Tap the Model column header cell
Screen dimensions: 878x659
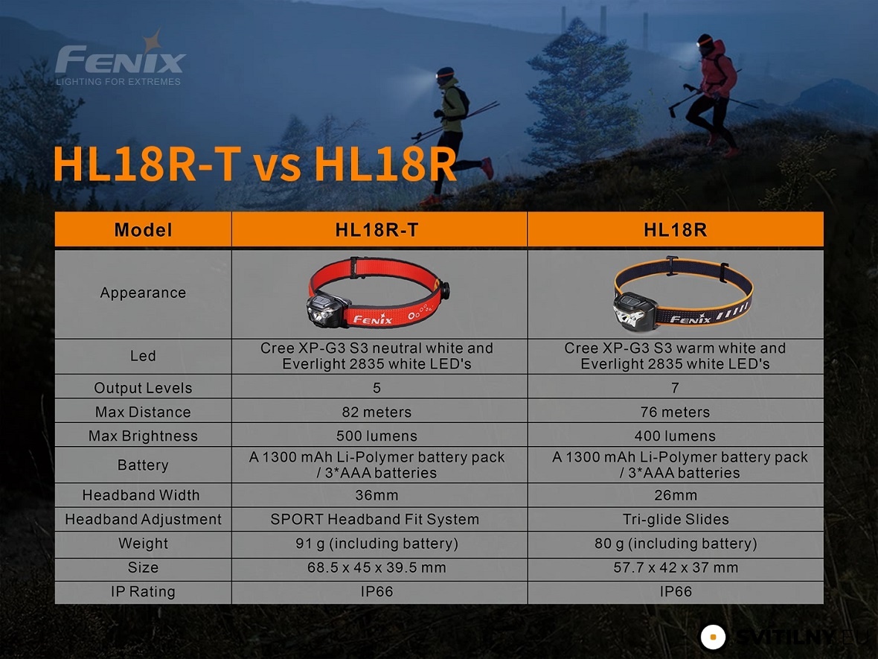coord(143,229)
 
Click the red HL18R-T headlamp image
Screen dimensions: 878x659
coord(378,292)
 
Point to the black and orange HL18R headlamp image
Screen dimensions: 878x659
coord(682,293)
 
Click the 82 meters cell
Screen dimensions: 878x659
coord(376,412)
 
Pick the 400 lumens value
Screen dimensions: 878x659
coord(675,436)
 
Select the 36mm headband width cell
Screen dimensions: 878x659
coord(376,495)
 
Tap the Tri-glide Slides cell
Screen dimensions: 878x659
coord(676,520)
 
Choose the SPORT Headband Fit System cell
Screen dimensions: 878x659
coord(374,520)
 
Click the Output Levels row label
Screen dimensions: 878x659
coord(143,388)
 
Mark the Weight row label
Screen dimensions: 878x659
coord(143,544)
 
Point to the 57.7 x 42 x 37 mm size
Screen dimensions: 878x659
coord(676,567)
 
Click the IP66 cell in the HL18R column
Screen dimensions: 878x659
coord(676,592)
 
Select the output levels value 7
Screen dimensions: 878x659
coord(675,388)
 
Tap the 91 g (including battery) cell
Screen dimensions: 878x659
coord(376,544)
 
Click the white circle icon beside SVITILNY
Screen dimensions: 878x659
coord(713,637)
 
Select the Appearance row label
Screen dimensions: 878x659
coord(143,293)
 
